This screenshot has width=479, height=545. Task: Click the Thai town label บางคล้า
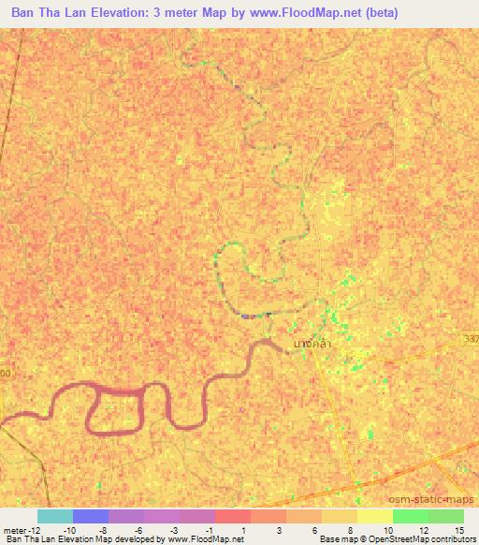311,344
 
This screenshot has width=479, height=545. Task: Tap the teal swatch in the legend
54,516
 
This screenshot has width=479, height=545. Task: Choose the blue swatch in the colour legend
91,516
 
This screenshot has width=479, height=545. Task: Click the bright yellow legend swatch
374,516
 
